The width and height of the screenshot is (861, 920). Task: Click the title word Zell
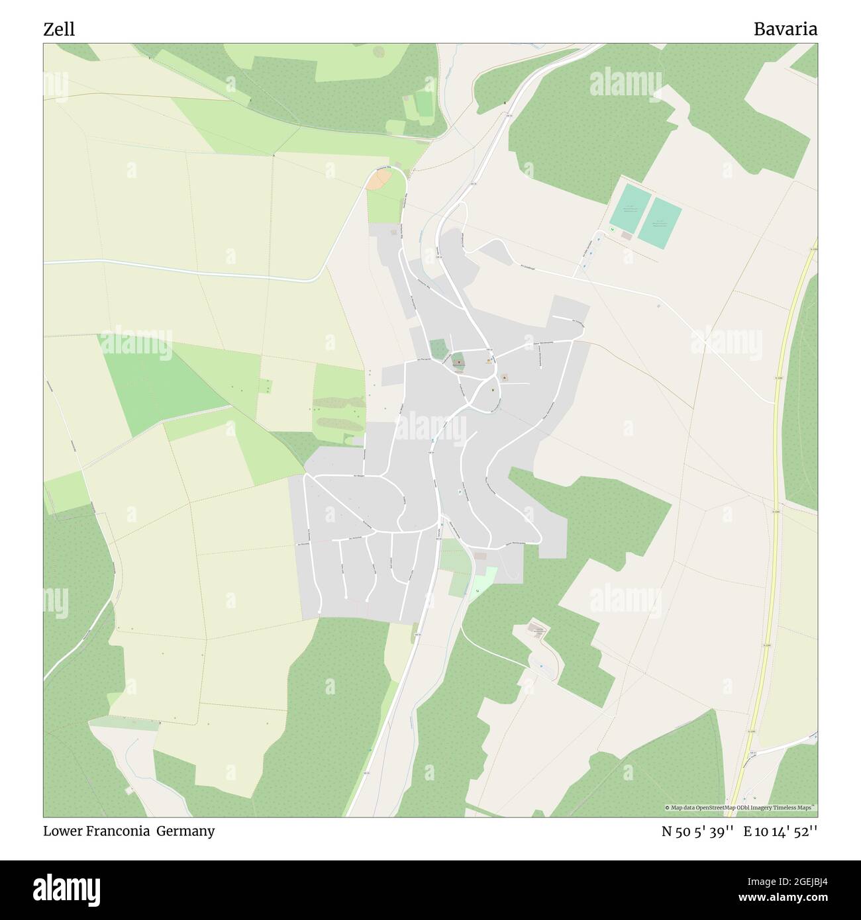pyautogui.click(x=59, y=29)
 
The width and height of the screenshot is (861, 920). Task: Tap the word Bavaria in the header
pyautogui.click(x=785, y=29)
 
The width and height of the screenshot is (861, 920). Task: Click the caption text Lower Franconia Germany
pyautogui.click(x=129, y=831)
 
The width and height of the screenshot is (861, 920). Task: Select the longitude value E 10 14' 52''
pyautogui.click(x=781, y=831)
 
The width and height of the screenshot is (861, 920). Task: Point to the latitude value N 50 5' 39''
pyautogui.click(x=697, y=831)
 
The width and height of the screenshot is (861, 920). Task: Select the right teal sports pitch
pyautogui.click(x=660, y=223)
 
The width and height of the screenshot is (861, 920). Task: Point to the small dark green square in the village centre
pyautogui.click(x=438, y=347)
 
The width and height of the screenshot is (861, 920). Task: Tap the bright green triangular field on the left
pyautogui.click(x=166, y=384)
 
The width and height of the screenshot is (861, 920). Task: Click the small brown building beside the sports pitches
pyautogui.click(x=626, y=236)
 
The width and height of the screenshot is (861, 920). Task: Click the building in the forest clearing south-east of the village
pyautogui.click(x=538, y=630)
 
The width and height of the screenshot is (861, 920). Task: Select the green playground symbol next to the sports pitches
pyautogui.click(x=613, y=229)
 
